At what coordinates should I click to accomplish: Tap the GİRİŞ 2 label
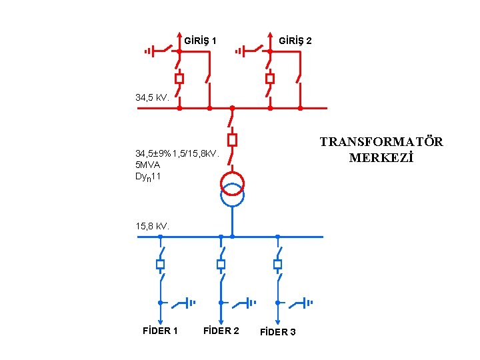tap(295, 41)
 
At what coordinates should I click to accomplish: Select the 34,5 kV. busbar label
tap(152, 98)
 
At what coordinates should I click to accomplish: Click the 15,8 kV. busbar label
tap(153, 226)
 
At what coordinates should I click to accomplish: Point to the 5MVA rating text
tap(147, 165)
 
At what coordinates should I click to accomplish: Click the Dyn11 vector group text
tap(148, 177)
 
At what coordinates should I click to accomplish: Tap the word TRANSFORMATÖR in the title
tap(381, 142)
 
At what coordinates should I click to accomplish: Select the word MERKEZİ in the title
tap(381, 159)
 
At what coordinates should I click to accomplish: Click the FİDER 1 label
tap(161, 331)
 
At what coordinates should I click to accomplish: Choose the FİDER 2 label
tap(221, 331)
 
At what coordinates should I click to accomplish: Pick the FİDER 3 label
tap(278, 332)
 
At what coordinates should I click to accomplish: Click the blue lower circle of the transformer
tap(232, 195)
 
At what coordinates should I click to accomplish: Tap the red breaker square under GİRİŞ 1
tap(179, 79)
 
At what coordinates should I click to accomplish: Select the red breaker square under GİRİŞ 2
tap(269, 79)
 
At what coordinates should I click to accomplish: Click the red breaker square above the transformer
tap(232, 139)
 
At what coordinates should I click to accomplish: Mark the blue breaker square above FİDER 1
tap(160, 265)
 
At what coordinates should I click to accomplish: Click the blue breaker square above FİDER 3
tap(277, 265)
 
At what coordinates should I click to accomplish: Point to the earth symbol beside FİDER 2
tap(251, 303)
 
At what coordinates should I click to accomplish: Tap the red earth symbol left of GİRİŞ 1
tap(149, 51)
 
